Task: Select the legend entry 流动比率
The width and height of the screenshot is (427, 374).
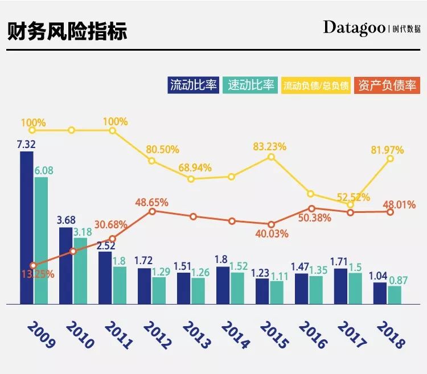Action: pos(193,85)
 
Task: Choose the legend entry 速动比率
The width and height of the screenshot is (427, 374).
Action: pos(251,85)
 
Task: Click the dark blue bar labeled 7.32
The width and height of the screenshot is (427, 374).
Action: pos(26,228)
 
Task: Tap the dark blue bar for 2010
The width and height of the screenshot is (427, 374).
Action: pos(66,265)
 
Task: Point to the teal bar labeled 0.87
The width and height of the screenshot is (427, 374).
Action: pos(395,295)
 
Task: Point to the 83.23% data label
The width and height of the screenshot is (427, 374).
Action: pos(270,146)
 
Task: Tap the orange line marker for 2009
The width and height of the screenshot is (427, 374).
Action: pos(33,265)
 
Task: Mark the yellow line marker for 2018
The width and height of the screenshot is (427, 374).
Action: pos(391,159)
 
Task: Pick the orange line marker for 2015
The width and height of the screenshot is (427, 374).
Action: pos(271,224)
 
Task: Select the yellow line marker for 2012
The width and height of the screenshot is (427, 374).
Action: pos(152,161)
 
